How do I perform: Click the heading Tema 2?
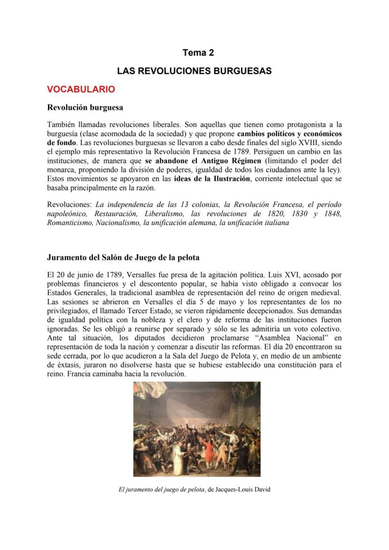[x=198, y=53]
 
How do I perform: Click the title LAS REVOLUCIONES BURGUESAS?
[x=194, y=71]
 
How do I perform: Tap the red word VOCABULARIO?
[x=81, y=89]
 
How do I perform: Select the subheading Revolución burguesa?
[x=85, y=107]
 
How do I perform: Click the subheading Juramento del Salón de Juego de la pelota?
[x=123, y=257]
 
